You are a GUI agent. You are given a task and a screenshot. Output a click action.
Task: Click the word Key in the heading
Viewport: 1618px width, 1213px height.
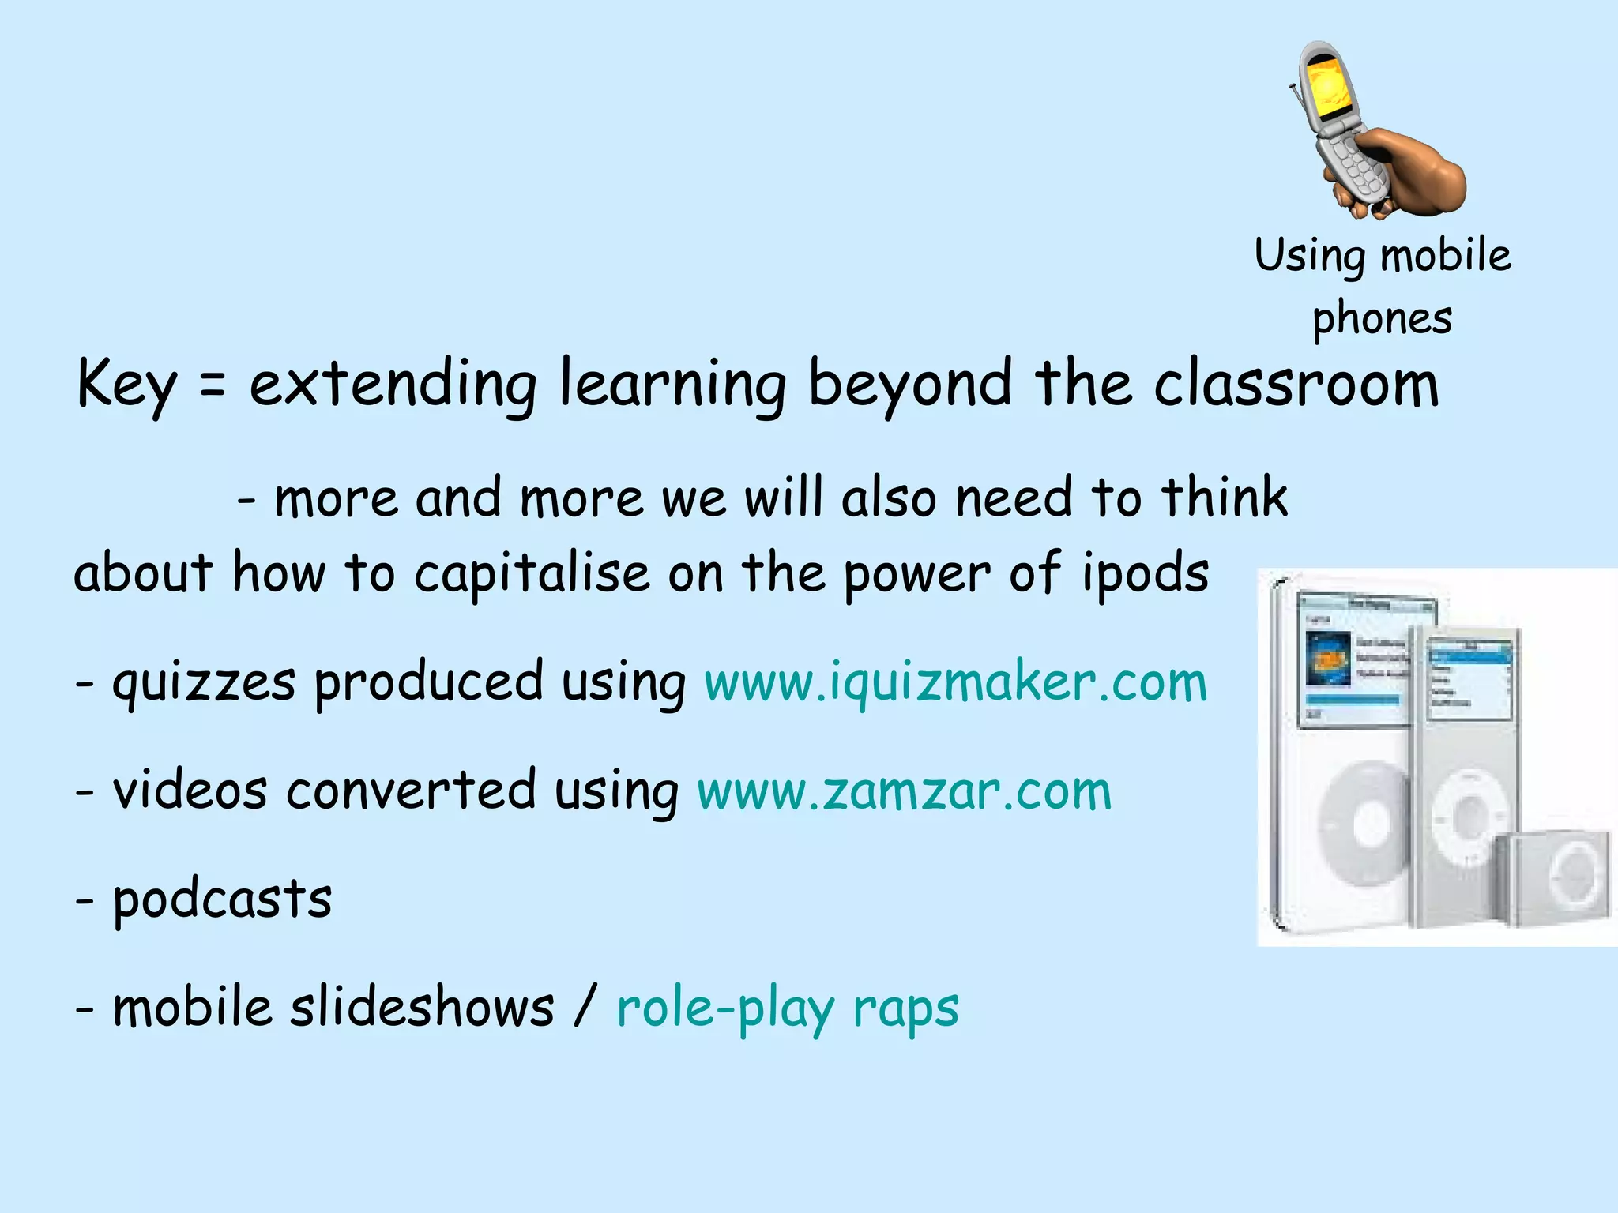pyautogui.click(x=126, y=385)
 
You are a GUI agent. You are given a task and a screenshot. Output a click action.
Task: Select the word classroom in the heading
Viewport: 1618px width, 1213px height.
pyautogui.click(x=1296, y=385)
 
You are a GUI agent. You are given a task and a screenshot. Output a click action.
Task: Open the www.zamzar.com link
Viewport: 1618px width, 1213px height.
pyautogui.click(x=904, y=791)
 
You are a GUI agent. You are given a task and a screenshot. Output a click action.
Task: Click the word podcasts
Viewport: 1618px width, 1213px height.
pyautogui.click(x=222, y=900)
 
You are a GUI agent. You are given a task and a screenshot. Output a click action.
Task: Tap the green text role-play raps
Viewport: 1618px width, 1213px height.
pyautogui.click(x=787, y=1009)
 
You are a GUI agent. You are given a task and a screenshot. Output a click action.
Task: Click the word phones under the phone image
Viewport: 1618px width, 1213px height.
pyautogui.click(x=1382, y=319)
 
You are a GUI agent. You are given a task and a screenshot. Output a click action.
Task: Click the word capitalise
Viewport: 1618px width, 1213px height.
pyautogui.click(x=531, y=573)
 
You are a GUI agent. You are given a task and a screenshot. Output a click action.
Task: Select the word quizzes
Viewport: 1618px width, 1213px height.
pyautogui.click(x=204, y=684)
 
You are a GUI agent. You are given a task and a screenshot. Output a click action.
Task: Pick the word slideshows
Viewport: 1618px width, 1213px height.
pyautogui.click(x=422, y=1008)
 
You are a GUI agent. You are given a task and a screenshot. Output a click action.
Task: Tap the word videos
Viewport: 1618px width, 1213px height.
pyautogui.click(x=190, y=791)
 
